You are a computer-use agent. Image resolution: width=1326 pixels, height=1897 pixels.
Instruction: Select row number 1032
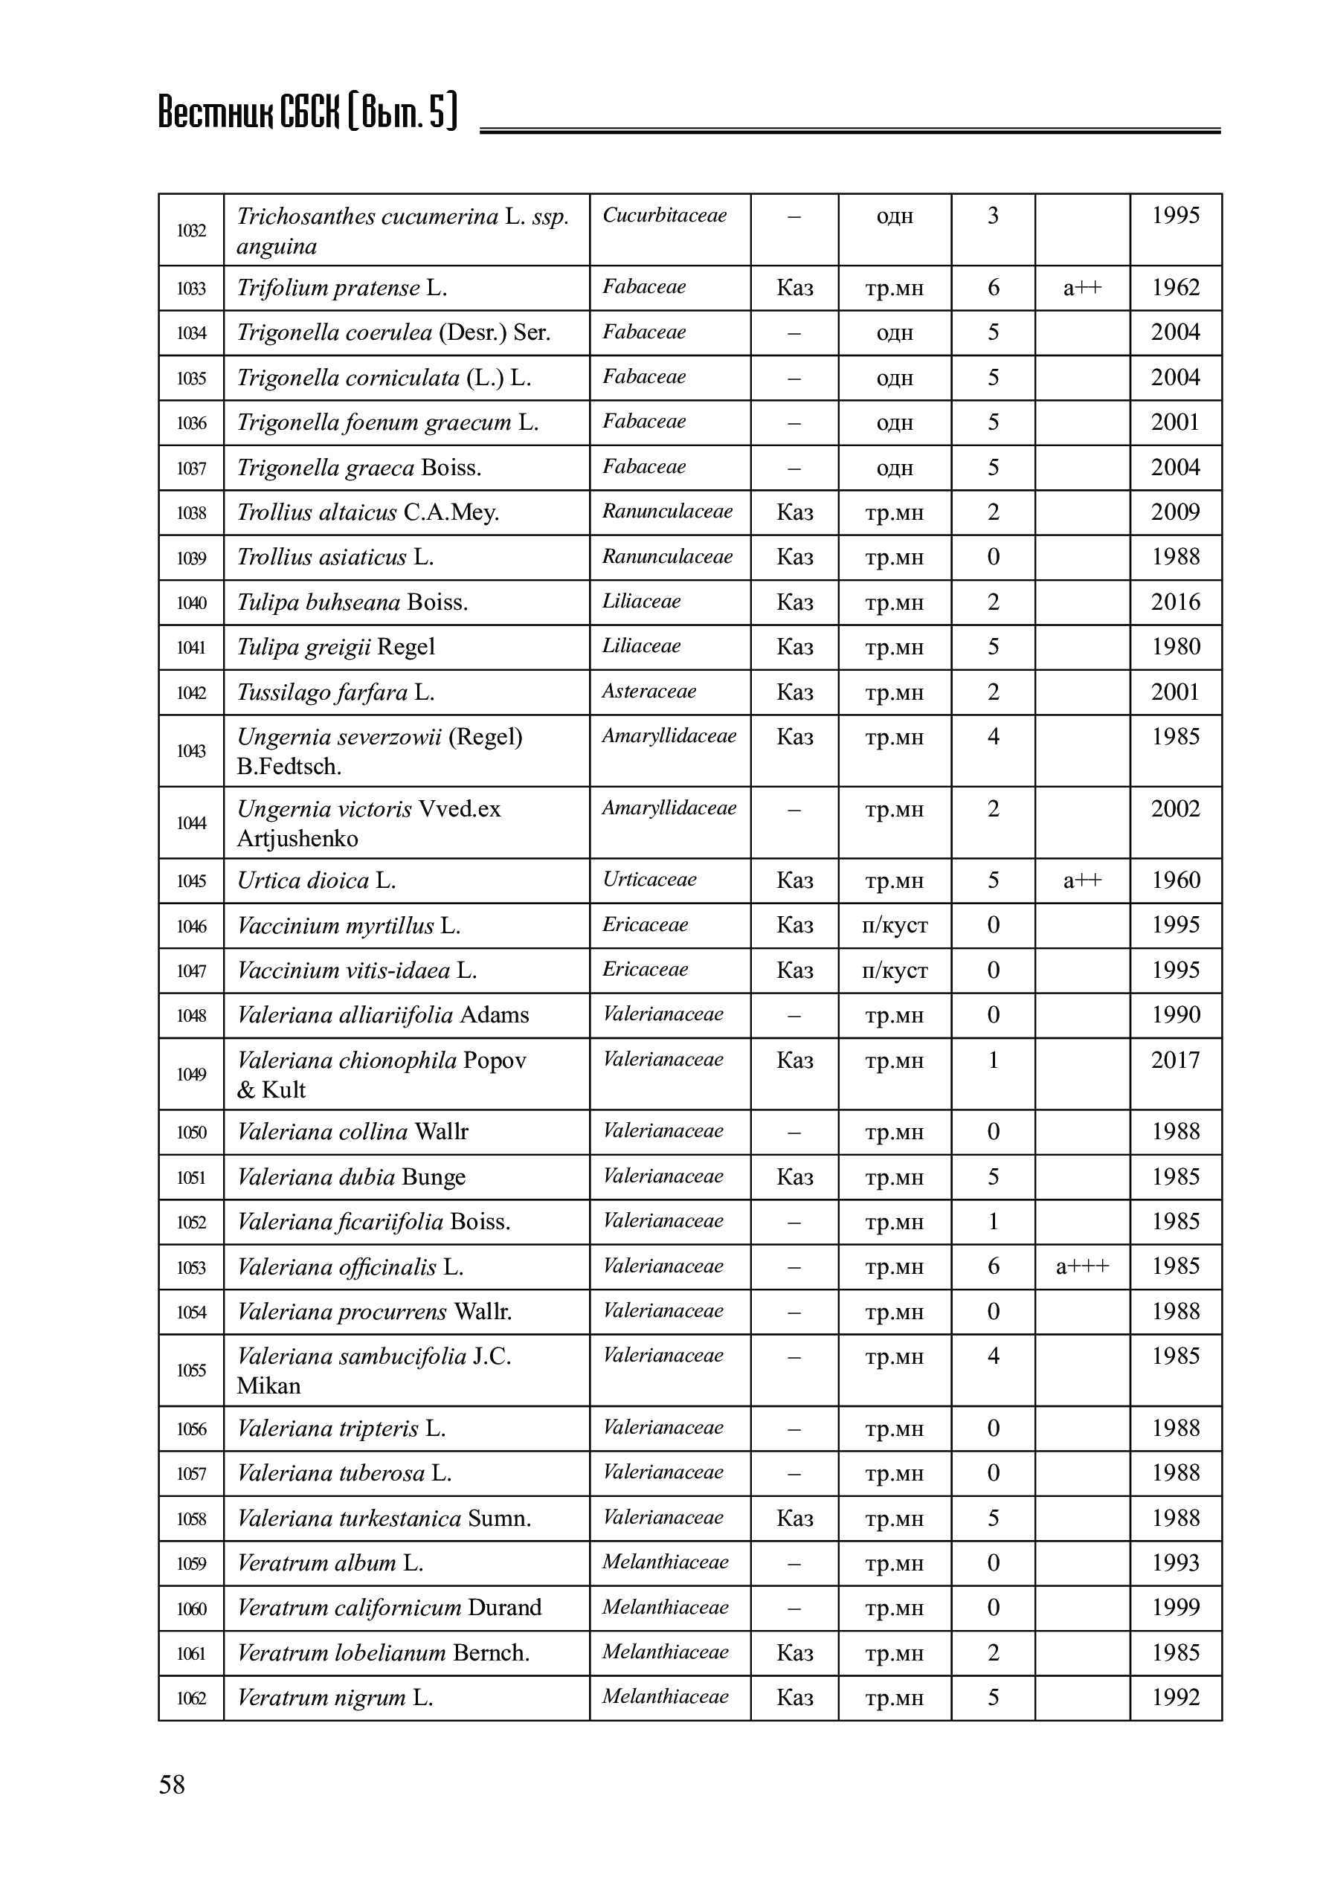pos(191,231)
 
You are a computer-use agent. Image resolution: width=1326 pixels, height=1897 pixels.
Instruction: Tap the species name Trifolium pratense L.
pos(341,288)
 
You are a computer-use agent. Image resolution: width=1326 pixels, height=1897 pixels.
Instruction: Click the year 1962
pos(1175,288)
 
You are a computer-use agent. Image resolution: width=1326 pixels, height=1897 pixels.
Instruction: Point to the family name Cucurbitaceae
pos(664,216)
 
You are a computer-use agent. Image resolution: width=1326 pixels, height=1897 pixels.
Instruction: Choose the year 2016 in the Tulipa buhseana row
pos(1175,602)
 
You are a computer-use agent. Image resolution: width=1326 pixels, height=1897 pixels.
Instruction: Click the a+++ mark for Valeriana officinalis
pos(1081,1266)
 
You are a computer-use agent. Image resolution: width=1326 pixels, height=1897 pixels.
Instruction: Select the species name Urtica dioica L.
pos(316,880)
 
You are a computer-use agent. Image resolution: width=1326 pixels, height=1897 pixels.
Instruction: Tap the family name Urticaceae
pos(649,880)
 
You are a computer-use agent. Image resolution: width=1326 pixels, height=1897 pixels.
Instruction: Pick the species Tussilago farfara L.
pos(335,692)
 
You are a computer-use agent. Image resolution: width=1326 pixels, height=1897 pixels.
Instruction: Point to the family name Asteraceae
pos(649,692)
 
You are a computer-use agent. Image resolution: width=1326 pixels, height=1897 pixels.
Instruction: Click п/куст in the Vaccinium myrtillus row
pos(894,925)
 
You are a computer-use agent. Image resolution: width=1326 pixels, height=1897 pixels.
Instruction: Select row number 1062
pos(191,1698)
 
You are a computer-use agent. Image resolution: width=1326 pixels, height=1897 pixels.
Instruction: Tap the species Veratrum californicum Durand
pos(389,1608)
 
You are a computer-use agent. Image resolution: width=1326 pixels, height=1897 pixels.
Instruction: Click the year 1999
pos(1175,1607)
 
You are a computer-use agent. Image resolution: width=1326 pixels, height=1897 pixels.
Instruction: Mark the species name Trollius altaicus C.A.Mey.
pos(367,512)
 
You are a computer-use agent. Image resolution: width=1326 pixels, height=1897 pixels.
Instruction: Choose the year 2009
pos(1175,512)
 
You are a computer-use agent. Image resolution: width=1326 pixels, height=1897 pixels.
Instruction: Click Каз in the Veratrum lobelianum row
pos(794,1652)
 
